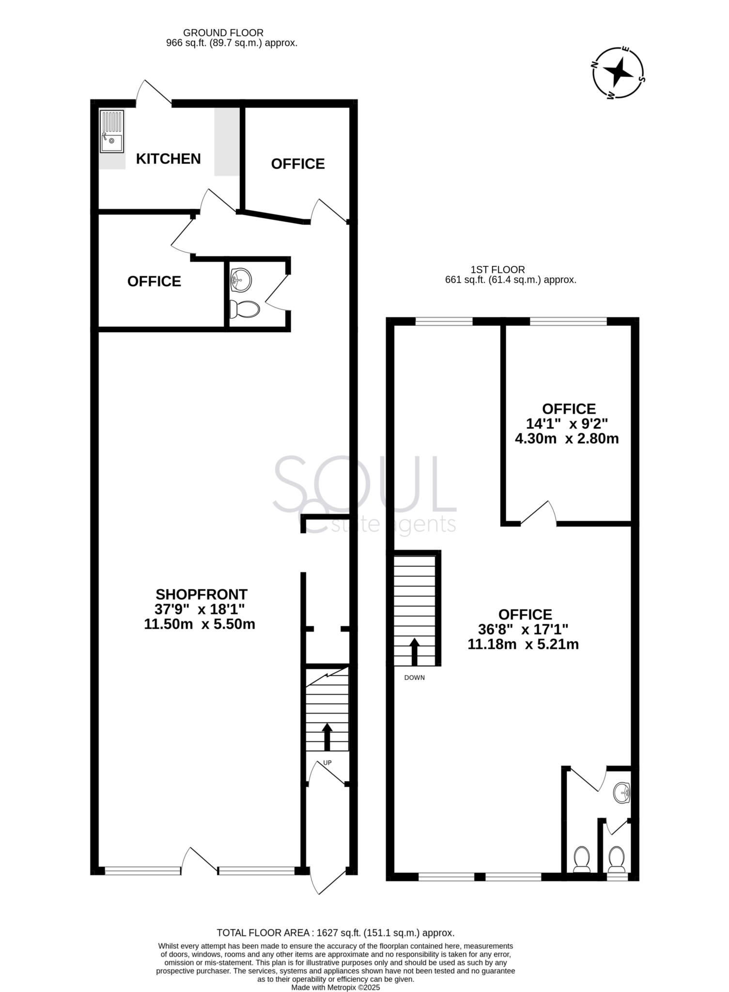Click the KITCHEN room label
pyautogui.click(x=168, y=159)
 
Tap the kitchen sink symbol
pyautogui.click(x=111, y=132)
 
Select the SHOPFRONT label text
pyautogui.click(x=201, y=594)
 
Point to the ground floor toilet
pyautogui.click(x=245, y=309)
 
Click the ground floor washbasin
pyautogui.click(x=241, y=280)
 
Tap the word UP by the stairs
pyautogui.click(x=327, y=763)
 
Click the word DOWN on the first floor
pyautogui.click(x=414, y=678)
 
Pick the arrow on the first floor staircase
pyautogui.click(x=415, y=651)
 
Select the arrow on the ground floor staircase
pyautogui.click(x=327, y=736)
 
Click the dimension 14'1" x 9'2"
pyautogui.click(x=567, y=424)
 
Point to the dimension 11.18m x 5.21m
pyautogui.click(x=523, y=644)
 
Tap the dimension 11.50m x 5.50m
pyautogui.click(x=200, y=624)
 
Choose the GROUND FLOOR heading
pyautogui.click(x=223, y=33)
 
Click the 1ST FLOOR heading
pyautogui.click(x=498, y=270)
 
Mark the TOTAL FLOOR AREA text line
pyautogui.click(x=336, y=933)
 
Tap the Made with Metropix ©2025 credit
pyautogui.click(x=336, y=987)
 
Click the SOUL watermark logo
pyautogui.click(x=364, y=494)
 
